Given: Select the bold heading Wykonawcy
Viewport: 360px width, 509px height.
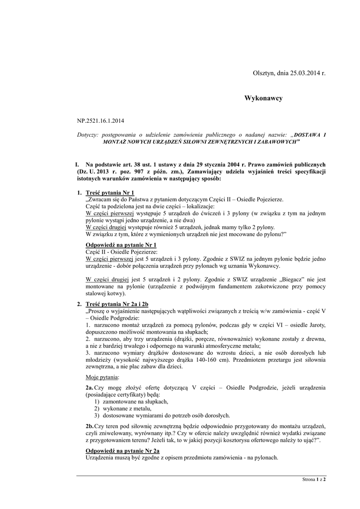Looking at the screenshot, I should [x=263, y=98].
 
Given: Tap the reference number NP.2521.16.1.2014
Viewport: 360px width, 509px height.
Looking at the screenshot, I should [x=100, y=121].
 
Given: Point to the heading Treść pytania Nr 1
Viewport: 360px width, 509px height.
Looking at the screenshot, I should [x=110, y=192].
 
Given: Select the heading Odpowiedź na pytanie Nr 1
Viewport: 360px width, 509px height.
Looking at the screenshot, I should [x=121, y=245].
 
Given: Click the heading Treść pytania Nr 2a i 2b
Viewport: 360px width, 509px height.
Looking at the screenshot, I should [x=117, y=304].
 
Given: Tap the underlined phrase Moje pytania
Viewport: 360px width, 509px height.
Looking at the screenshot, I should [x=102, y=377].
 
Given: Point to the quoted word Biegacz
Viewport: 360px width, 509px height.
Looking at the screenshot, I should [x=290, y=279].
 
